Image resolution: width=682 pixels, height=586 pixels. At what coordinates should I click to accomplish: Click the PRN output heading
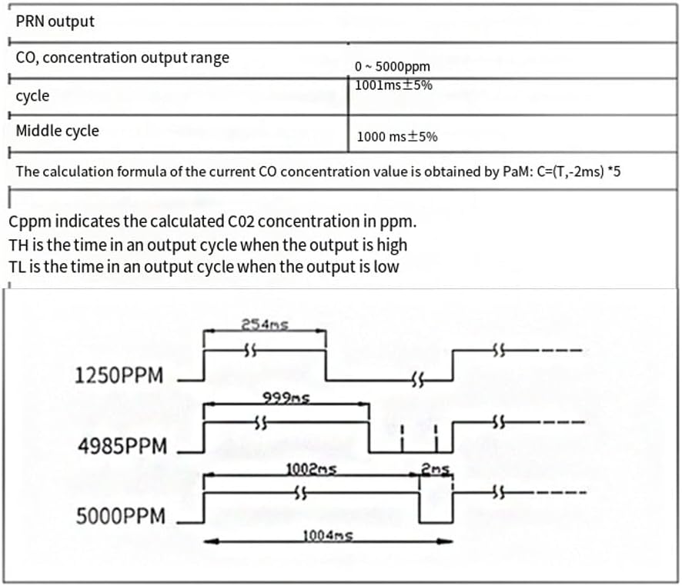(x=55, y=22)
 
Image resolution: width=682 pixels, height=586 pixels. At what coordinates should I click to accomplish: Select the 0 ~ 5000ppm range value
(x=393, y=67)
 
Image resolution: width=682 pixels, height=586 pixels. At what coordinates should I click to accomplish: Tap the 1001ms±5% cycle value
(x=393, y=85)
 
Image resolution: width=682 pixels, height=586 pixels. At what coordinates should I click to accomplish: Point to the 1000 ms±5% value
(x=397, y=137)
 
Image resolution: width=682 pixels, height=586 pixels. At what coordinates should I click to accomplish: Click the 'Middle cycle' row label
(x=57, y=131)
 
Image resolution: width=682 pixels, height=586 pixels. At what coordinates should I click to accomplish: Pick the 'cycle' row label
(x=32, y=96)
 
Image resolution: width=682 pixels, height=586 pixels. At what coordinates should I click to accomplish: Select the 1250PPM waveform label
(x=119, y=376)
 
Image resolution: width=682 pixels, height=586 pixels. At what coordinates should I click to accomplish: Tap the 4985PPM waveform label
(x=119, y=446)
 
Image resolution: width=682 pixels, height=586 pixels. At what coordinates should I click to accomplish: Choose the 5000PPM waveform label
(x=120, y=516)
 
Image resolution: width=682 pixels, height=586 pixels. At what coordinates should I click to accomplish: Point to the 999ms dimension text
(x=276, y=398)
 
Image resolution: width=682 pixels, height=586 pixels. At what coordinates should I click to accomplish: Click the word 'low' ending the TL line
(x=386, y=267)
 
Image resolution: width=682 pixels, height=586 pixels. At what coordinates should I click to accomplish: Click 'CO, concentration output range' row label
(x=122, y=58)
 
